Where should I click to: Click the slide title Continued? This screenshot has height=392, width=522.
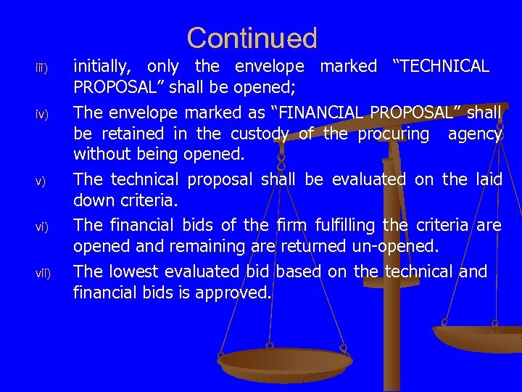252,38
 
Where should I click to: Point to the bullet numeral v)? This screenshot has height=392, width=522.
41,181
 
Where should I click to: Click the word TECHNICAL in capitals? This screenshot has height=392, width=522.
444,67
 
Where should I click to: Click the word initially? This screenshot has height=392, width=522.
103,67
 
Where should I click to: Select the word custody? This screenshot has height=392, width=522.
260,134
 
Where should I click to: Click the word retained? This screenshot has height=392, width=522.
135,134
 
